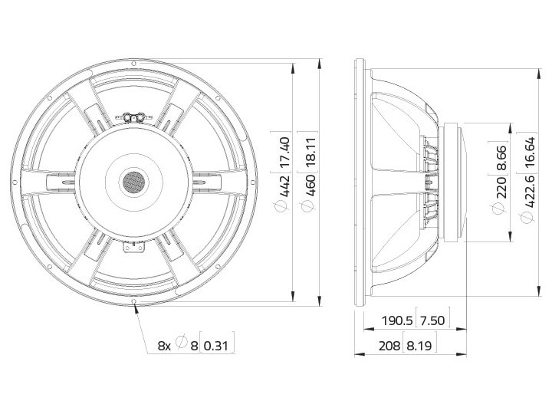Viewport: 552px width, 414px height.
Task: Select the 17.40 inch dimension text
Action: [284, 152]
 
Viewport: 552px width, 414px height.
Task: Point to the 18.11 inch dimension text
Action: [310, 152]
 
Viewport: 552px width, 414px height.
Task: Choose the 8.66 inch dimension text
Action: [501, 158]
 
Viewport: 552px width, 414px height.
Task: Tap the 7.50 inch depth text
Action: [432, 320]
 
